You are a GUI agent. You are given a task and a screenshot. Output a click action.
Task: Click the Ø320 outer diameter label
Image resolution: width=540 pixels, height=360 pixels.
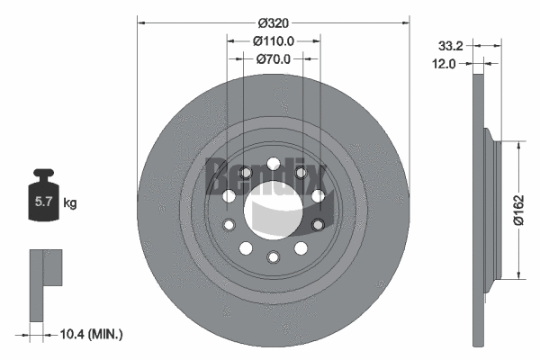[x=273, y=19]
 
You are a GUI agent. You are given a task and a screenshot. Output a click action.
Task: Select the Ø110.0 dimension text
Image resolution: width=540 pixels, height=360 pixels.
[x=273, y=40]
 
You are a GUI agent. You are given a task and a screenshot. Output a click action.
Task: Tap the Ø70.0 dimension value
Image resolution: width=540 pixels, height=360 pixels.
[x=273, y=59]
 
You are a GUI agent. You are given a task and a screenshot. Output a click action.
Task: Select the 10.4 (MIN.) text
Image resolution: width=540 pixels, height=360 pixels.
[x=94, y=334]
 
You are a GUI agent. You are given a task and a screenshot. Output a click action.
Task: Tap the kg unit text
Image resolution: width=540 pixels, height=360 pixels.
[x=70, y=203]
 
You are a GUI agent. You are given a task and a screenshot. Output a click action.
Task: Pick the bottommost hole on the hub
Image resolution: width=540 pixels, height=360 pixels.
[x=273, y=259]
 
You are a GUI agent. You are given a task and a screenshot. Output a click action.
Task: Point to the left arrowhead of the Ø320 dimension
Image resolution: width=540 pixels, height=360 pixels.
[x=141, y=19]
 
